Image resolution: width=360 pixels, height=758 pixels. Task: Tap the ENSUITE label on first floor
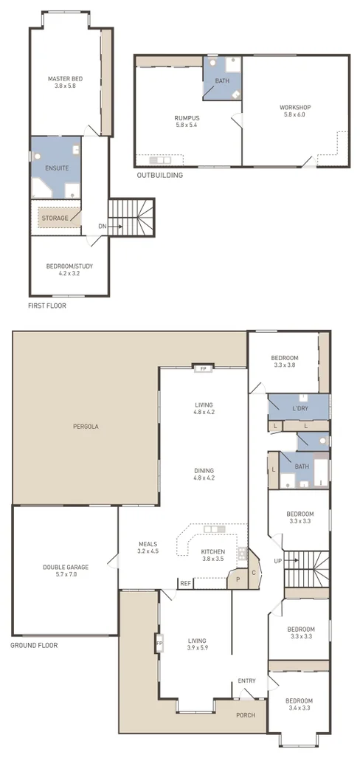coord(57,168)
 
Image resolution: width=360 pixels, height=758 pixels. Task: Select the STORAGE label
coord(55,218)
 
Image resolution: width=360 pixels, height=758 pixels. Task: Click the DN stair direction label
coord(103,227)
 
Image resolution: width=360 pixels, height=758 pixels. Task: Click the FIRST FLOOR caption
coord(46,306)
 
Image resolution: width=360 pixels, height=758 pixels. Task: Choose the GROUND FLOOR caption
coord(34,645)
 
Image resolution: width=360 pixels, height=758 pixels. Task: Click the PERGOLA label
coord(86,427)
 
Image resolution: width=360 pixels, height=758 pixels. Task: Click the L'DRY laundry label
coord(300,408)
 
